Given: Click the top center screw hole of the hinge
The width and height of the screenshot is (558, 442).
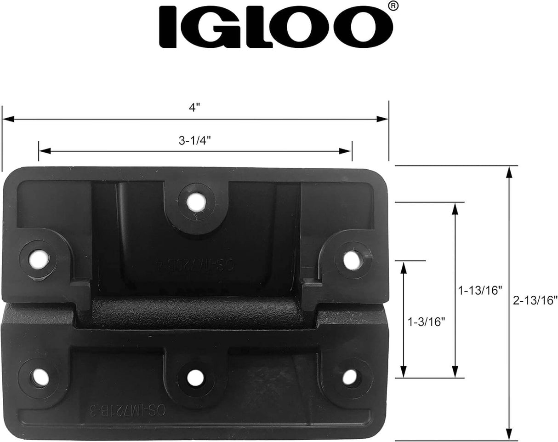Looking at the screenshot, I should click(x=196, y=201).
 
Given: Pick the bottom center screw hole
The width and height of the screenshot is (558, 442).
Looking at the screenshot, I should click(x=196, y=378).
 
